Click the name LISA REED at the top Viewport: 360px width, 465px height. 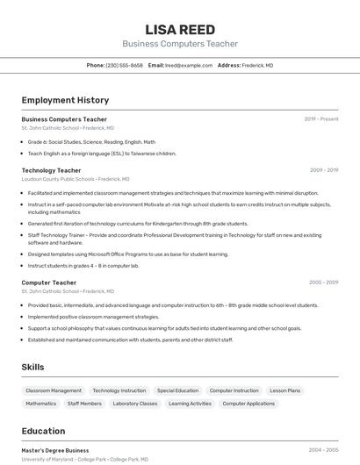179,29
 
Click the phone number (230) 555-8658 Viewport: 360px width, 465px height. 124,65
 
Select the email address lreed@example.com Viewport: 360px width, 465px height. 189,65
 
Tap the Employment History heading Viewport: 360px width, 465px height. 65,100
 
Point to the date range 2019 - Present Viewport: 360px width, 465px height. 321,118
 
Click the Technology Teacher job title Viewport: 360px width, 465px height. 51,170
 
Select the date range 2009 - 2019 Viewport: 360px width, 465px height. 324,170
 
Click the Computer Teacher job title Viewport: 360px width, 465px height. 48,283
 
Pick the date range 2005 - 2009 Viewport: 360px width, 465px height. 324,283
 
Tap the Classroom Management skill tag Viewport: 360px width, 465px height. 54,390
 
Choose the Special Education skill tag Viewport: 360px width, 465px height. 177,390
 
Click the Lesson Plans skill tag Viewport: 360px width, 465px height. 284,390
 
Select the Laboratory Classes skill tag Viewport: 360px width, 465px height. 135,404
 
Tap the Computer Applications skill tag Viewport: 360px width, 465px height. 248,404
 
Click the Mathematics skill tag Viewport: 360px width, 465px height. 40,404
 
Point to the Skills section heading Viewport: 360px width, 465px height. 32,367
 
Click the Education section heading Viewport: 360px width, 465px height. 43,431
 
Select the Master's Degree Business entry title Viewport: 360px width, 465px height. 55,450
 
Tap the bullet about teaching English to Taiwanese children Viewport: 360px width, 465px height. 102,154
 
